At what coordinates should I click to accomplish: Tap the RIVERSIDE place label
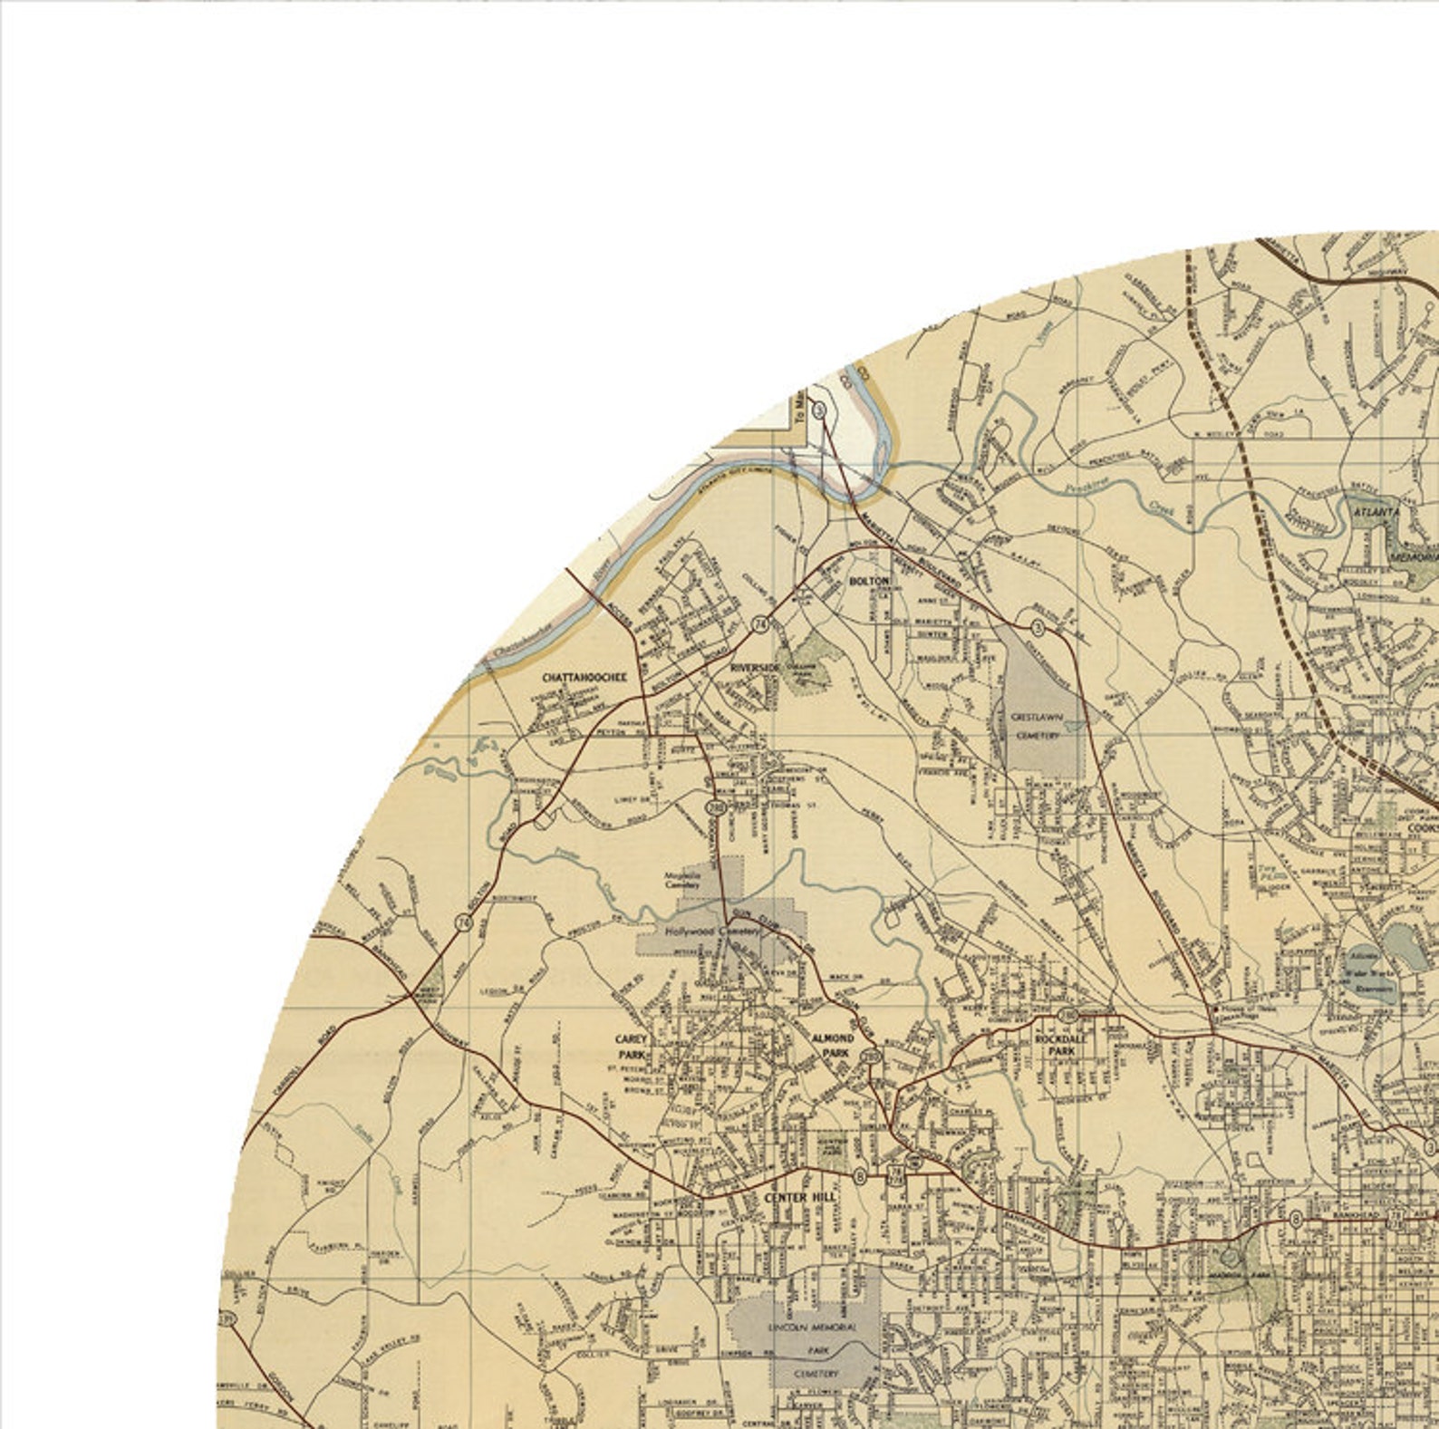tap(754, 668)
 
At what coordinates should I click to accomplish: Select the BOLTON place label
tap(868, 580)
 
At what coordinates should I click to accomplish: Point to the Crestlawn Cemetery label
tap(1036, 726)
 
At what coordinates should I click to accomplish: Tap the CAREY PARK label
tap(632, 1046)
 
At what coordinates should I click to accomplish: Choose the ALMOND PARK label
tap(831, 1045)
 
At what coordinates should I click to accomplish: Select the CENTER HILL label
tap(799, 1197)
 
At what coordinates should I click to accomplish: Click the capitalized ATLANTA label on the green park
tap(1376, 512)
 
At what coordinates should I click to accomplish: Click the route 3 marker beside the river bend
tap(819, 410)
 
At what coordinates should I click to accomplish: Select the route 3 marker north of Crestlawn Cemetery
tap(1038, 626)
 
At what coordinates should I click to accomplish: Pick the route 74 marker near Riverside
tap(759, 623)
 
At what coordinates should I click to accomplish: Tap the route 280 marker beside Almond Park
tap(871, 1057)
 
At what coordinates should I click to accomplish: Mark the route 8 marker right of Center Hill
tap(859, 1176)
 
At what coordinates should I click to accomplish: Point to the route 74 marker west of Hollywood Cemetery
tap(464, 922)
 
